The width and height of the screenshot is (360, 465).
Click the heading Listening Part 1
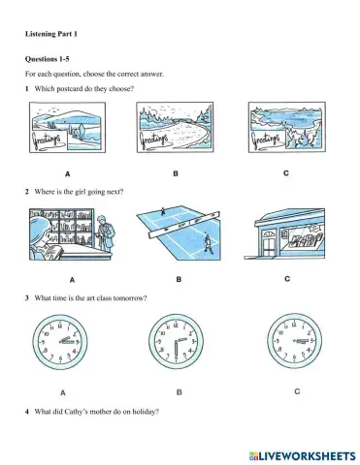tap(51, 34)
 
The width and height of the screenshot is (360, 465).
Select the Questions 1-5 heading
tap(48, 59)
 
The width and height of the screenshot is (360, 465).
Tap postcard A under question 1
tap(67, 127)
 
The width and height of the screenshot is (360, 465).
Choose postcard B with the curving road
tap(175, 127)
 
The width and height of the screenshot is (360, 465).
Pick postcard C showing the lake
tap(287, 127)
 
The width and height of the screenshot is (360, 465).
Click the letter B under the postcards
tap(176, 173)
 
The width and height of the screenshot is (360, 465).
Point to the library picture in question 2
tap(72, 234)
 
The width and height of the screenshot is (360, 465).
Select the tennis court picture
tap(179, 233)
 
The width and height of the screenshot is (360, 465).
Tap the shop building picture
tap(284, 233)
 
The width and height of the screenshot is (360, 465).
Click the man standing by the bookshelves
tap(106, 233)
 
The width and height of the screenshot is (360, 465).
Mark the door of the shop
tap(269, 243)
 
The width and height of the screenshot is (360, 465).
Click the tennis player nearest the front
tap(208, 244)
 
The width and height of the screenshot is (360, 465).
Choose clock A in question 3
tap(60, 342)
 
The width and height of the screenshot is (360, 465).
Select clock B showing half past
tap(176, 342)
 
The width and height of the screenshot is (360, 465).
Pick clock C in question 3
tap(294, 341)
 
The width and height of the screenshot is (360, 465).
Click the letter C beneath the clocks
tap(297, 391)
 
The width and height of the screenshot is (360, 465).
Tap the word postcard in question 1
tap(70, 89)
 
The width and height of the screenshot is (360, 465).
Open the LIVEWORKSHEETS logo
tap(302, 456)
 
